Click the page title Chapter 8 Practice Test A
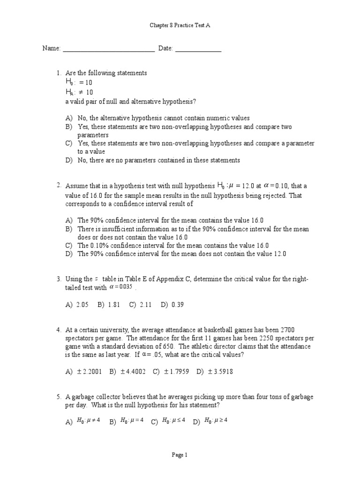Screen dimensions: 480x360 [180, 26]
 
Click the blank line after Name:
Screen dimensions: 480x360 [109, 49]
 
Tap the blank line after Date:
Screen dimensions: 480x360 [198, 49]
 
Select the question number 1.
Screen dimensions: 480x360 [59, 73]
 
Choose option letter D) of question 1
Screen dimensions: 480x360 [69, 160]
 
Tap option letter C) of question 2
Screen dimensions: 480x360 [69, 245]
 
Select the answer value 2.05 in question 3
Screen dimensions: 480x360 [82, 305]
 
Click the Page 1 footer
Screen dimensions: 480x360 [180, 455]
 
